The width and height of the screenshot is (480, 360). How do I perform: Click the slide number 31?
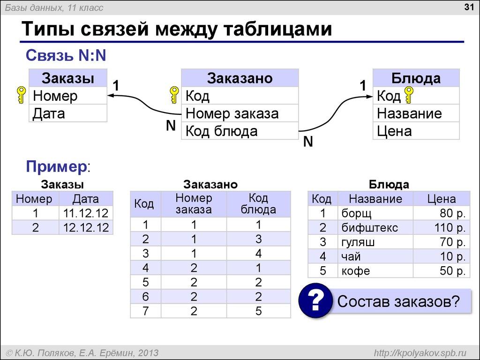[468, 7]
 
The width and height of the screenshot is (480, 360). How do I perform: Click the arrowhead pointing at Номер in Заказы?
[112, 96]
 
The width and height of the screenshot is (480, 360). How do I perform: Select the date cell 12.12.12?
[86, 228]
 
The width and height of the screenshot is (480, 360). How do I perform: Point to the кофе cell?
[356, 271]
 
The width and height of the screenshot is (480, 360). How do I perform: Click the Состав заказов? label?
[398, 300]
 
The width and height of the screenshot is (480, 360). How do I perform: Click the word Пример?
[56, 166]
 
